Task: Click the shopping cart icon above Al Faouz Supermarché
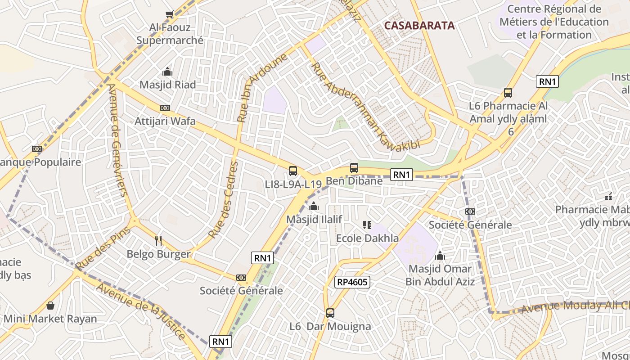(x=169, y=14)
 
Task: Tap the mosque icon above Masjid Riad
(x=167, y=72)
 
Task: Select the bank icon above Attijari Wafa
(x=165, y=108)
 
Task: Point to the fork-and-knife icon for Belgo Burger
(x=158, y=241)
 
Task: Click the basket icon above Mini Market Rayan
(x=50, y=306)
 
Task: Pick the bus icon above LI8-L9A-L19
(x=293, y=171)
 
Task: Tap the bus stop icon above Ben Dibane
(x=354, y=168)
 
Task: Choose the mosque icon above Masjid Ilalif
(x=314, y=206)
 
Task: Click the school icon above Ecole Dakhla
(x=367, y=225)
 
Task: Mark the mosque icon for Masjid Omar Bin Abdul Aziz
(x=440, y=256)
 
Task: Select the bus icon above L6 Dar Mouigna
(x=330, y=313)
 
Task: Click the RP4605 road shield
(x=352, y=282)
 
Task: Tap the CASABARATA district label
(x=419, y=26)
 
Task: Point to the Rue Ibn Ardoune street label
(x=262, y=88)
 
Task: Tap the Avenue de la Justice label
(x=141, y=311)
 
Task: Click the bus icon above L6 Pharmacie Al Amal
(x=508, y=93)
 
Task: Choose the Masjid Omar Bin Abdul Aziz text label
(x=440, y=275)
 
